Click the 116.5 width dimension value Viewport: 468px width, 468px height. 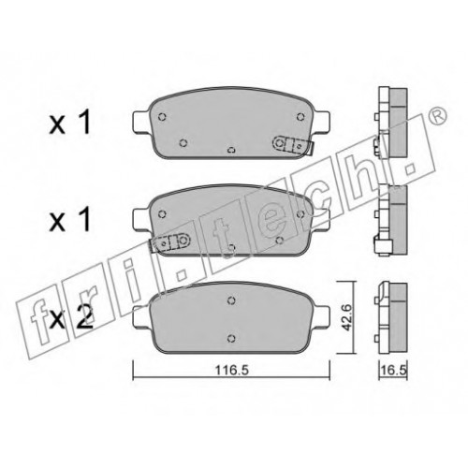tap(231, 371)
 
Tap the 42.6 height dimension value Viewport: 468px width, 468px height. tap(346, 317)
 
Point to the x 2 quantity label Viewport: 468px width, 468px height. tap(71, 317)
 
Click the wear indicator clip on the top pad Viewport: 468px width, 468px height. tap(293, 145)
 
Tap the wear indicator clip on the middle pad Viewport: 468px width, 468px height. tap(170, 242)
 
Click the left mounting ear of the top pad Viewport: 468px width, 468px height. tap(141, 122)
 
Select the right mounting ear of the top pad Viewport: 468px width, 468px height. tap(321, 122)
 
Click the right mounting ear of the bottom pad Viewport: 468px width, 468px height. tap(321, 316)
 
